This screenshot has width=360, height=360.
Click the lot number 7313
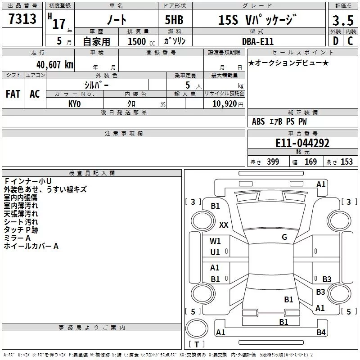pos(22,19)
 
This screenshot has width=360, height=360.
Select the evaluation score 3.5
pos(342,21)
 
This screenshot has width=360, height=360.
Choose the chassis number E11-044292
pos(302,143)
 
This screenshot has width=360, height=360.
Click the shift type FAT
pos(13,94)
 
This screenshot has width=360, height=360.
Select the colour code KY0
pos(74,103)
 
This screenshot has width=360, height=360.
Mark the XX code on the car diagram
pos(224,225)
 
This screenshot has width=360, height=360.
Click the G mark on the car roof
pos(284,237)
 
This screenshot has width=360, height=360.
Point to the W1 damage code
pos(215,241)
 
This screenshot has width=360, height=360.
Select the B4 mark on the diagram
pos(321,333)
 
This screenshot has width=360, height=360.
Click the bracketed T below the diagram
pos(197,345)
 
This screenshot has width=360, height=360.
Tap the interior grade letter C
pos(350,41)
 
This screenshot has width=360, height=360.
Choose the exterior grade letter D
pos(335,41)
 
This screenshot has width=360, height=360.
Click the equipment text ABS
pos(258,121)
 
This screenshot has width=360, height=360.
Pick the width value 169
pos(310,162)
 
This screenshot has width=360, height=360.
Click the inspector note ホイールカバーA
pos(31,246)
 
